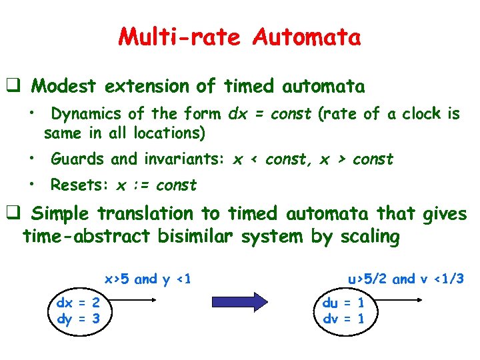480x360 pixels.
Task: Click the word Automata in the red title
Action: [x=307, y=37]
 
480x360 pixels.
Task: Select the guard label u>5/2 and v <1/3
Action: [x=405, y=279]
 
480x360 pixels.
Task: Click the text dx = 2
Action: [x=78, y=303]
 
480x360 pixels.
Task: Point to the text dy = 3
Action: [x=78, y=319]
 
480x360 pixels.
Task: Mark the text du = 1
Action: [x=343, y=303]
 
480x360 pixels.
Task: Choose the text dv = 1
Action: [x=343, y=319]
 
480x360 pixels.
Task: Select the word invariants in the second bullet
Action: [x=190, y=159]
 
